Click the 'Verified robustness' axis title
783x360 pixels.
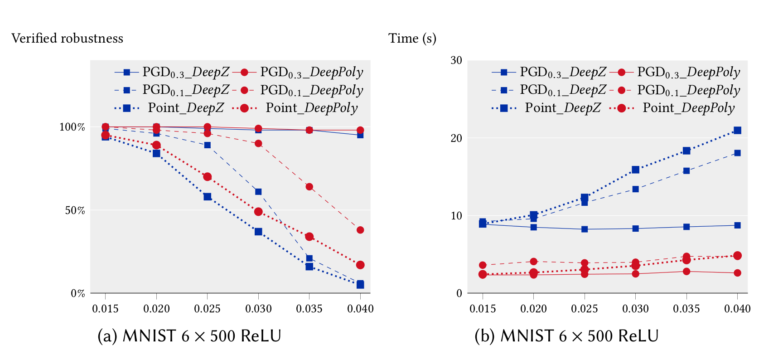(x=67, y=39)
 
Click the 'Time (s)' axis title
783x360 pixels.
(x=412, y=39)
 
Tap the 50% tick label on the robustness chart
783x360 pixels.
(x=75, y=210)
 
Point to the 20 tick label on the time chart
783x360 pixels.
(x=456, y=138)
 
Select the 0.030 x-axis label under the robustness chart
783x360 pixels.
(x=258, y=309)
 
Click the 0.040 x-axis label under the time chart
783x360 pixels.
(x=737, y=309)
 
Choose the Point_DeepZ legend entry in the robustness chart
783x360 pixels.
(x=186, y=108)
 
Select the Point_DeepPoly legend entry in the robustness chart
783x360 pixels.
(x=311, y=108)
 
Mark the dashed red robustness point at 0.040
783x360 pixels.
(x=360, y=230)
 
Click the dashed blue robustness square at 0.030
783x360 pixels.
(x=258, y=192)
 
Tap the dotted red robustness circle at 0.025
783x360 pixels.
(x=207, y=177)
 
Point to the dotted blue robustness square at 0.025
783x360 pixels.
(x=207, y=197)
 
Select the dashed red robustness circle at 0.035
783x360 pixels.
(x=309, y=187)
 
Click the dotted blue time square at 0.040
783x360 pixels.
(x=737, y=131)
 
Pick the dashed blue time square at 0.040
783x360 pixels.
(x=737, y=153)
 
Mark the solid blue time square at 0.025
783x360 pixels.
(x=585, y=229)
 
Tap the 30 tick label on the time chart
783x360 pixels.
(x=456, y=61)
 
